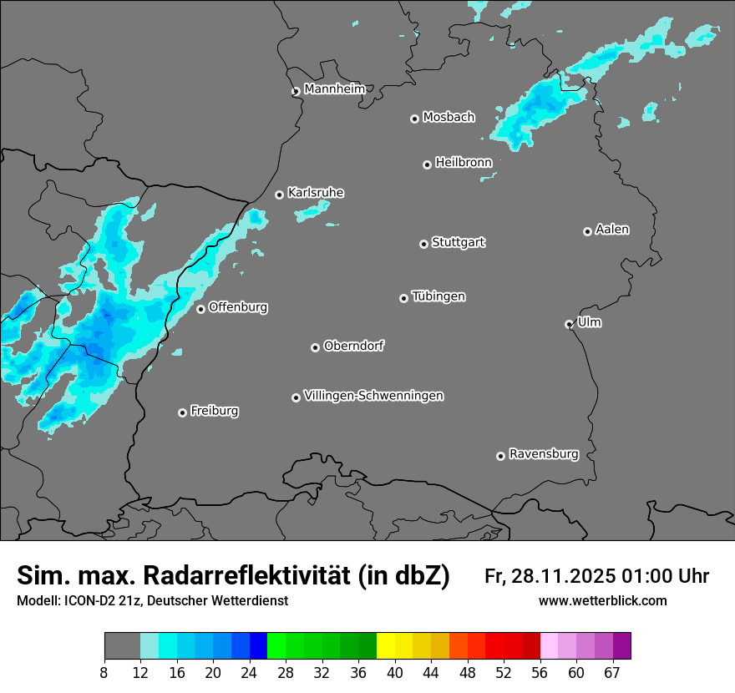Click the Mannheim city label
coord(334,89)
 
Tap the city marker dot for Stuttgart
coord(424,244)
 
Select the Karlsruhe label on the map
coord(315,193)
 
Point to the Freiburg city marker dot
coord(182,412)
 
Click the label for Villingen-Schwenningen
coord(373,396)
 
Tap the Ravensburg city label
coord(543,454)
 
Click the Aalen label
coord(611,230)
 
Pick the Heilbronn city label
coord(463,163)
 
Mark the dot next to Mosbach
coord(414,119)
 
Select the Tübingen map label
coord(438,296)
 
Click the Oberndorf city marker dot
coord(316,347)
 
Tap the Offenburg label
coord(237,307)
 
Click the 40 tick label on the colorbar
coord(395,673)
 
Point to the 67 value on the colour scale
coord(612,673)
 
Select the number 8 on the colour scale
coord(104,673)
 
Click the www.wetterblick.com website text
coord(602,600)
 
